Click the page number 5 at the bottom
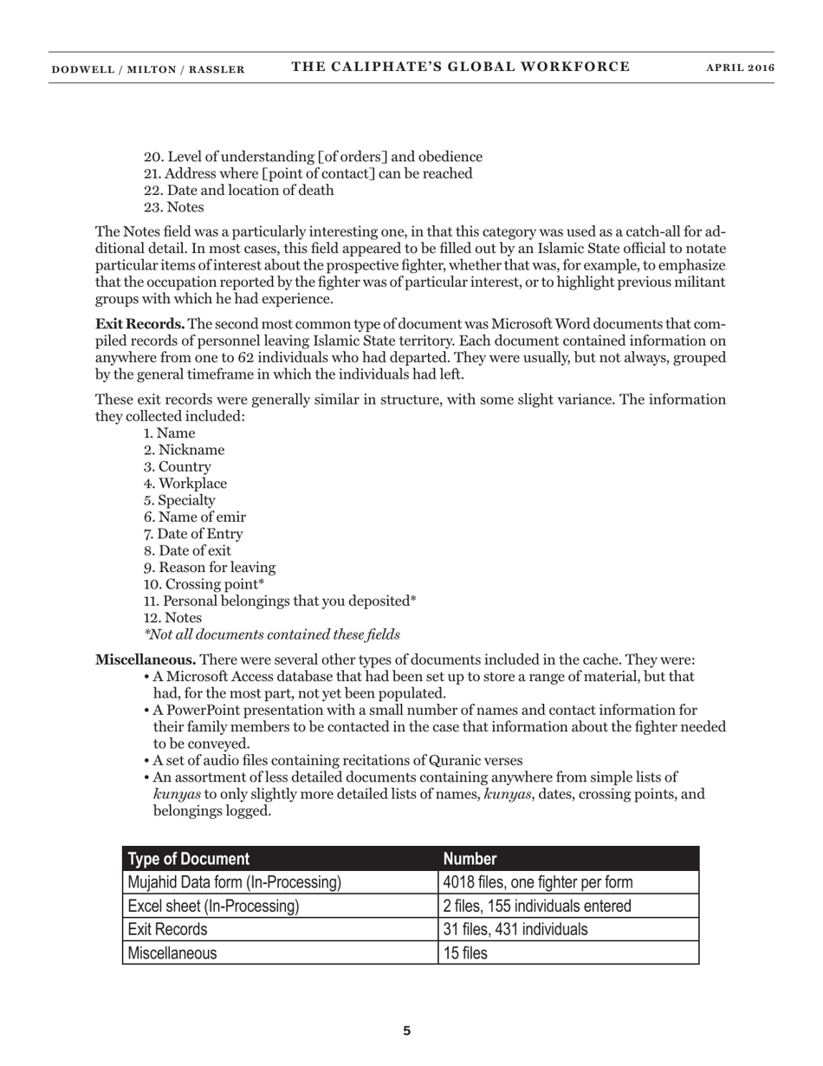407,1030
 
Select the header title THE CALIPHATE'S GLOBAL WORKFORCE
460,67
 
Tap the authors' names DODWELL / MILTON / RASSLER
147,69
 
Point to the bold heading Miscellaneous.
146,660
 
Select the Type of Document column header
189,859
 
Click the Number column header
470,859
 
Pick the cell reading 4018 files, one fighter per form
537,882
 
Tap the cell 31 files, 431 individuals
515,929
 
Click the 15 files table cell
465,952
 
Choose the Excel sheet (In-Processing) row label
213,906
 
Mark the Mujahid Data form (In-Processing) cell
234,882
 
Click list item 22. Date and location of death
238,191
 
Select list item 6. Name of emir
195,517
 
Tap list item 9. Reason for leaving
210,568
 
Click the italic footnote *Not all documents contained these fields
272,634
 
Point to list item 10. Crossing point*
204,584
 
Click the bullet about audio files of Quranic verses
337,761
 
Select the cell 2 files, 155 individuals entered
537,906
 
